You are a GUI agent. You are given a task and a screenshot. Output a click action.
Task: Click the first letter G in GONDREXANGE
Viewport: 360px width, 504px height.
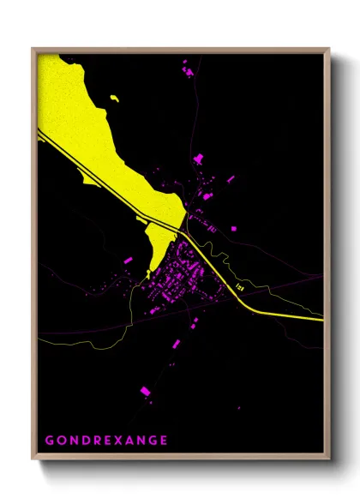click(x=49, y=441)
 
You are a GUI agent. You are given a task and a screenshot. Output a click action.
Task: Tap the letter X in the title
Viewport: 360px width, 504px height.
click(x=114, y=441)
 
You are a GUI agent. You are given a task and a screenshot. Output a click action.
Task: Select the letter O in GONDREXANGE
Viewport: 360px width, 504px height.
click(x=62, y=441)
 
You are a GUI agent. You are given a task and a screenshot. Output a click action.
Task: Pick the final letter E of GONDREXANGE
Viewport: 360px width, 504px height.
click(x=164, y=441)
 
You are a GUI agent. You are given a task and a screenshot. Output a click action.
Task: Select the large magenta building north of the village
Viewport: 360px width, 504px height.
click(x=200, y=159)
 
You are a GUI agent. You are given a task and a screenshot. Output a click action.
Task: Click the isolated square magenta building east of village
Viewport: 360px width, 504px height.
click(x=232, y=229)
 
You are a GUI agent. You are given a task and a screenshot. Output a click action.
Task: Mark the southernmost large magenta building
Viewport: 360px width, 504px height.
click(x=145, y=392)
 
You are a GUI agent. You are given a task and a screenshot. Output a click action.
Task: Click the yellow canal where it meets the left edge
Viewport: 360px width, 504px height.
click(x=39, y=131)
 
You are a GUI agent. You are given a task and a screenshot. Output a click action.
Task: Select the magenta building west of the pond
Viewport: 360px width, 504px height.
click(x=128, y=259)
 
